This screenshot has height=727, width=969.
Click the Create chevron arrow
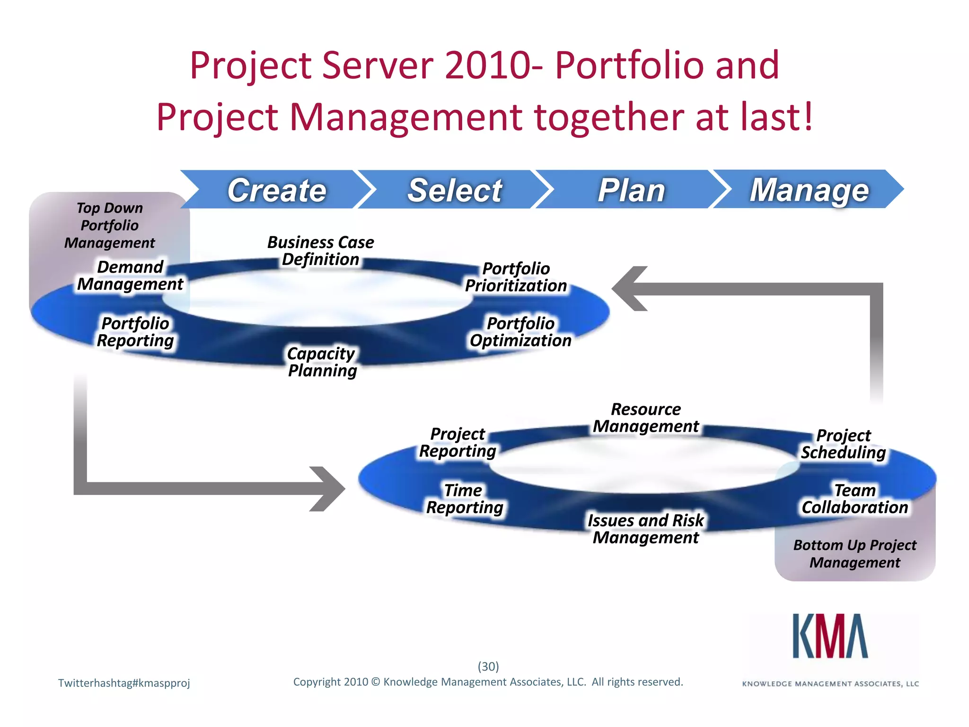277,190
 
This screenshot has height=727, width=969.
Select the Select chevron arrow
455,190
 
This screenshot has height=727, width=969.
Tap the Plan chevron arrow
632,190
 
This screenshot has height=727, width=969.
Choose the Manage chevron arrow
809,190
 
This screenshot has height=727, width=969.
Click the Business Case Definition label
320,251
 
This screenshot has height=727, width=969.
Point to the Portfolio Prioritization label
516,277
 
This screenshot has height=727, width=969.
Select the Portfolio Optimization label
520,332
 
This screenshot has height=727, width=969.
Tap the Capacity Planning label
322,362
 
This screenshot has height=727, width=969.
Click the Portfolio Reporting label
135,332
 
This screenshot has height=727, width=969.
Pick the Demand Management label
130,275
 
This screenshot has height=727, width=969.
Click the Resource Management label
646,417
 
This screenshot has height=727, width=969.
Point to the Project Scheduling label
843,444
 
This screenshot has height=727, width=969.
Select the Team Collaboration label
854,499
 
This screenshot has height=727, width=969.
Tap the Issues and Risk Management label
646,529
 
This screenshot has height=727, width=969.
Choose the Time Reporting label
464,499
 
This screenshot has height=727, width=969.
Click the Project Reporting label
458,443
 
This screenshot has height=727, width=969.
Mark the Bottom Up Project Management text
854,554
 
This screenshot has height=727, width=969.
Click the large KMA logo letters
830,637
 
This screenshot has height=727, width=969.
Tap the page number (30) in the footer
488,666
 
